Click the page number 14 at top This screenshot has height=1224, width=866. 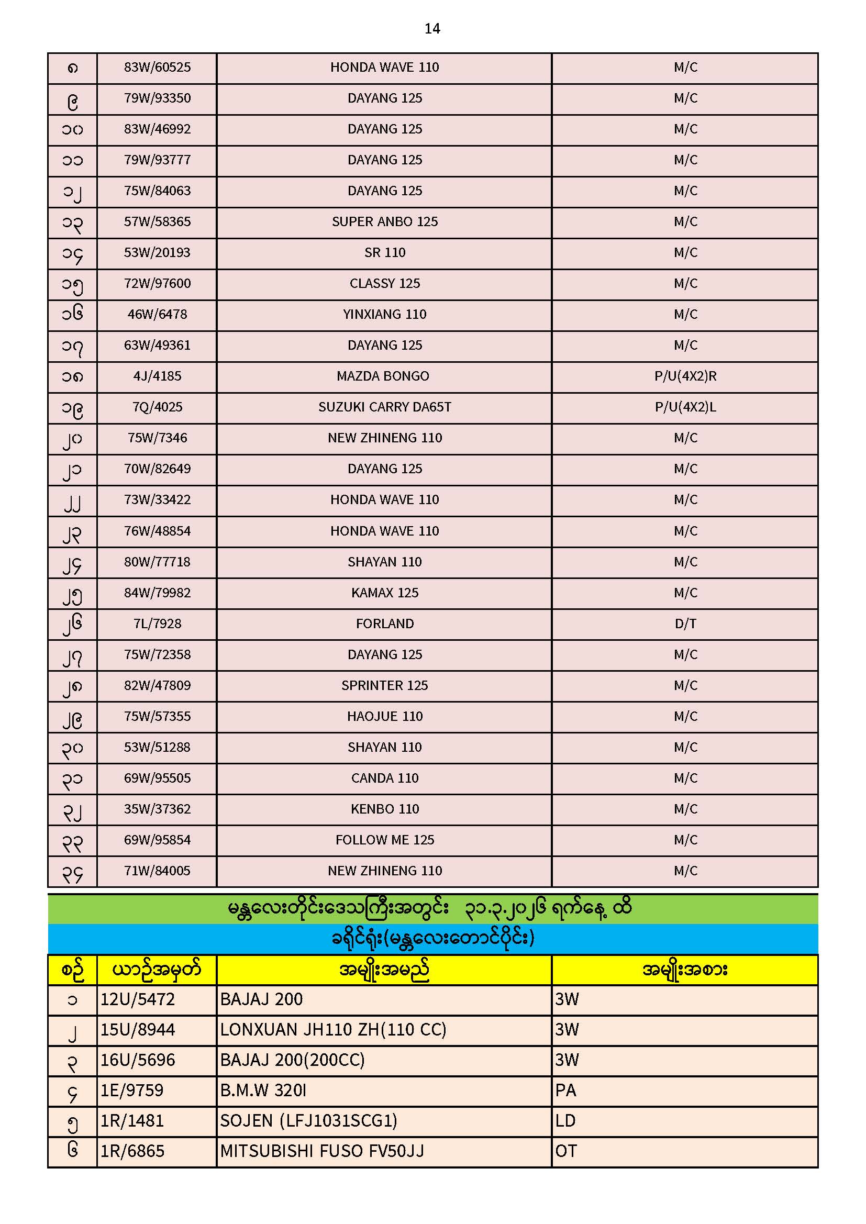point(432,29)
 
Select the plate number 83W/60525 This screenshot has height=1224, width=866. point(157,67)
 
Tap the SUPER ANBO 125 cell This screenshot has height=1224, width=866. point(384,222)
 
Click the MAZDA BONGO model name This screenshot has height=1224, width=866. point(383,376)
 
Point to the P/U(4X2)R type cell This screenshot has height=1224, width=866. point(685,376)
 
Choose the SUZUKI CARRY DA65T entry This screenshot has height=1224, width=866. point(384,407)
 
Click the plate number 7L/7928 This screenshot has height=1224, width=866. point(157,624)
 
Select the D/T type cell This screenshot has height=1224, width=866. point(685,624)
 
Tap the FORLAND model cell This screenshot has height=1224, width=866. point(384,624)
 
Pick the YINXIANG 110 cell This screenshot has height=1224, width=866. point(384,315)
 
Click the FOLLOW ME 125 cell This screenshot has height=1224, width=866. point(384,840)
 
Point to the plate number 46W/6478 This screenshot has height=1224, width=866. point(157,315)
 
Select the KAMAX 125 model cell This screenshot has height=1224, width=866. point(384,593)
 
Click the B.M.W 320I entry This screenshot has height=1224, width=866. point(263,1091)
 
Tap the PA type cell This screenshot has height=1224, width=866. point(566,1091)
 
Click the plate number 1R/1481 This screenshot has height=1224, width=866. point(132,1121)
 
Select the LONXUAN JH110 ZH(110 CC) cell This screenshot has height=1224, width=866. point(333,1030)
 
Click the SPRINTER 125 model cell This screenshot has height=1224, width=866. point(384,686)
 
